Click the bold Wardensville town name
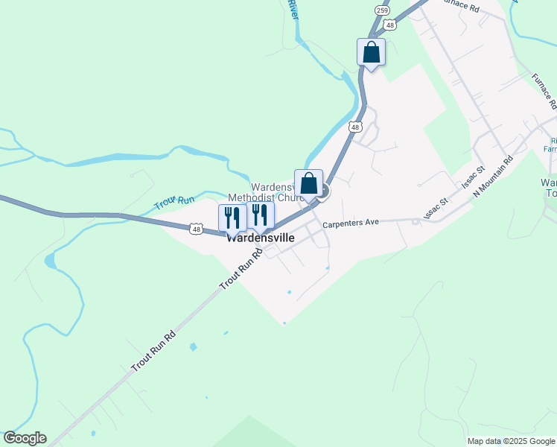[x=260, y=238]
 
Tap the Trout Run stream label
[x=174, y=202]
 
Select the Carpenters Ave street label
[x=351, y=223]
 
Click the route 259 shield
[x=383, y=10]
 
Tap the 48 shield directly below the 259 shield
[x=390, y=25]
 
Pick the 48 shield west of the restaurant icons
[x=195, y=229]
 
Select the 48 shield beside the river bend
[x=355, y=127]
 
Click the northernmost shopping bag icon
[x=372, y=53]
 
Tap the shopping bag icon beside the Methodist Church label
[x=309, y=184]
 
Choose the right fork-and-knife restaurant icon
[x=260, y=215]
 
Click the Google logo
[x=25, y=438]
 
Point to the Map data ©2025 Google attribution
[x=511, y=441]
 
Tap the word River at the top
[x=293, y=10]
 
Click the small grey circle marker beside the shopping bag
[x=323, y=191]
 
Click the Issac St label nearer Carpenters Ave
[x=435, y=208]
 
